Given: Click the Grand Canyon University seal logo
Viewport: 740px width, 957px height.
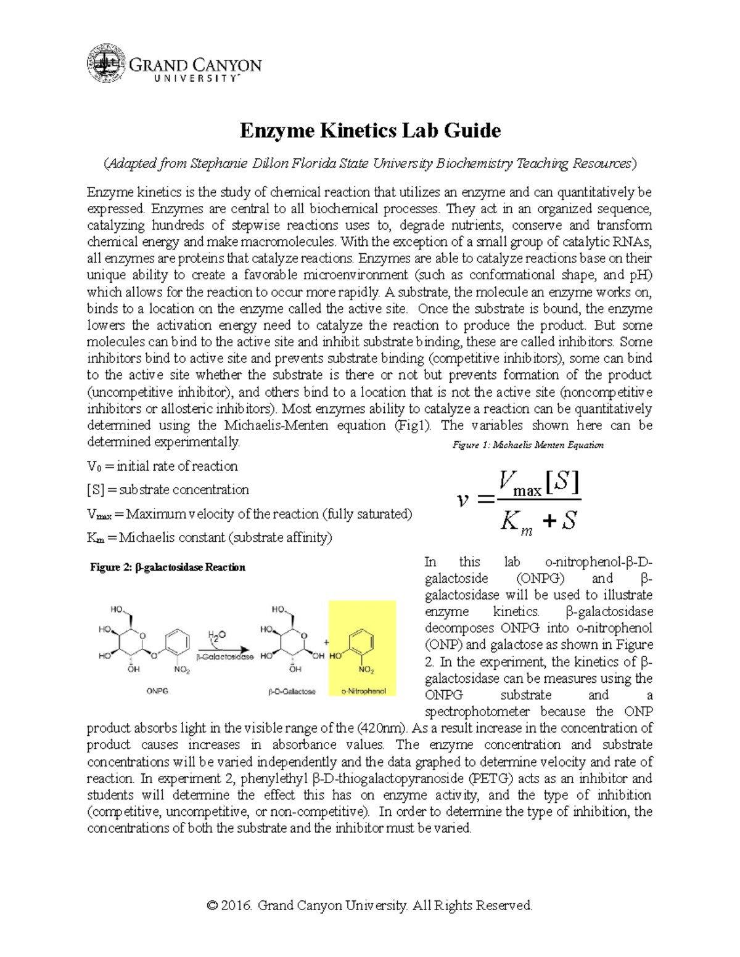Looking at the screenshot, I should coord(107,63).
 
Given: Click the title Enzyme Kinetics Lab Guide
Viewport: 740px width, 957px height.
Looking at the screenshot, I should coord(370,131).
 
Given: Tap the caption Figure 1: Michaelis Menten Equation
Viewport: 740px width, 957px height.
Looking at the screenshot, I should coord(527,445).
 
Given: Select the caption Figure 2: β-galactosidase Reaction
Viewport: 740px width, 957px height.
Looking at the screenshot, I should coord(168,567).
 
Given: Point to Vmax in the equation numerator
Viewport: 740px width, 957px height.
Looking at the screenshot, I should coord(519,483).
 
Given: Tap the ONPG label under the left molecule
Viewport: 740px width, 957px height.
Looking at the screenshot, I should coord(157,691).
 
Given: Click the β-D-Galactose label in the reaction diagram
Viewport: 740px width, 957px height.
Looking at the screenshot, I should coord(292,691).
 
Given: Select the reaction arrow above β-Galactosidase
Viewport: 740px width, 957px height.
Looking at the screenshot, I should coord(223,649).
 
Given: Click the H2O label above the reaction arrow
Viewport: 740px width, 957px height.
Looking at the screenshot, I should coord(216,635).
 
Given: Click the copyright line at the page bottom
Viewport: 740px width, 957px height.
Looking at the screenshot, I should coord(370,905).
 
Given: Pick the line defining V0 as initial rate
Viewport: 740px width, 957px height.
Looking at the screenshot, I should coord(162,466).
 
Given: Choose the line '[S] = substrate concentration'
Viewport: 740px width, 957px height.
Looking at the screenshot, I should coord(168,490).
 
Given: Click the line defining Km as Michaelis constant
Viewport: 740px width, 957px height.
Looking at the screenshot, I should coord(209,537).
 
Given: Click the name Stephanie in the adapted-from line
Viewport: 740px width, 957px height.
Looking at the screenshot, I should coord(218,163).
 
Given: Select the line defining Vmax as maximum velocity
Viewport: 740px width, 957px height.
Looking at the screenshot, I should coord(249,514).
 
